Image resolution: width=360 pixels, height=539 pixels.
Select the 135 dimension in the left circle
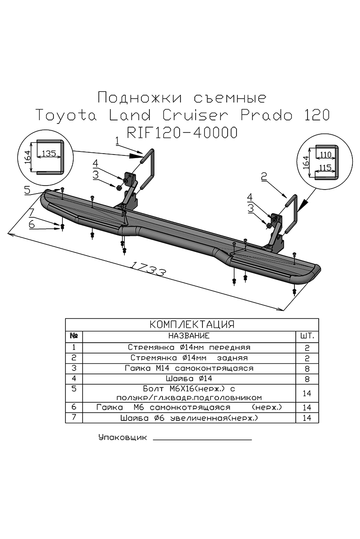(x=48, y=153)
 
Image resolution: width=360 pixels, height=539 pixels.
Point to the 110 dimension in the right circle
(x=325, y=155)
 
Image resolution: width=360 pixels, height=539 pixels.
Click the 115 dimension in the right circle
(x=325, y=168)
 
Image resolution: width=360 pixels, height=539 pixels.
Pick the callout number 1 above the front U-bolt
(x=117, y=141)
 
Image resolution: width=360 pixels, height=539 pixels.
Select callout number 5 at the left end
(x=27, y=190)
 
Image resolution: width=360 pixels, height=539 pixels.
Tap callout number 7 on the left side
(x=31, y=212)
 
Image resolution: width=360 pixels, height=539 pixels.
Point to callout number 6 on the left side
(x=31, y=224)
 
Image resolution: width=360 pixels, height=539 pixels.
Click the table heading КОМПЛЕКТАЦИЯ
(x=192, y=325)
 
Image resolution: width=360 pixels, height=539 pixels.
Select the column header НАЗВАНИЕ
(x=189, y=336)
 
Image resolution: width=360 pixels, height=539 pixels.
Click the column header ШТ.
(x=307, y=336)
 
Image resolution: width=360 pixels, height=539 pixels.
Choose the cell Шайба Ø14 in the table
(x=189, y=378)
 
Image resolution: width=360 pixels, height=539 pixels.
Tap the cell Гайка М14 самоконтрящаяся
(x=189, y=368)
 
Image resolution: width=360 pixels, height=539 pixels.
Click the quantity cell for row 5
(x=307, y=393)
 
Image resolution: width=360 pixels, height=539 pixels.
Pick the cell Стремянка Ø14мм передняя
(x=189, y=347)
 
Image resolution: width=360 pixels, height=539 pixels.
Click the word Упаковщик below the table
(x=122, y=437)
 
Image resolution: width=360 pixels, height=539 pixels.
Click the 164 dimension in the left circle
(x=27, y=157)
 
